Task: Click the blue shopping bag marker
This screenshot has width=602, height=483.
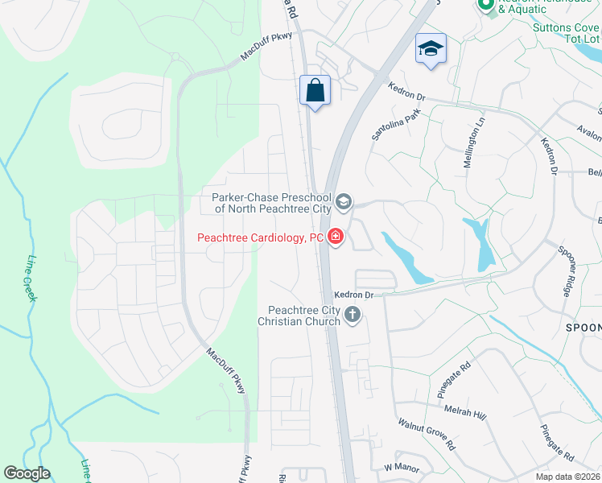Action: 315,90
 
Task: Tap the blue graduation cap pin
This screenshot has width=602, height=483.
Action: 431,50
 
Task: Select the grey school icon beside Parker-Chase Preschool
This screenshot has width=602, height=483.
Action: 344,202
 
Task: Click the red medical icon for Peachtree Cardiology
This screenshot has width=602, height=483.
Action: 335,237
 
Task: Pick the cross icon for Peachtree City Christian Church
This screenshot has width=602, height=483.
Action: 353,314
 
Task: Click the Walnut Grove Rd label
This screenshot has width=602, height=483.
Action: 427,434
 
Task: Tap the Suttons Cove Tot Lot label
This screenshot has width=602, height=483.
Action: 567,32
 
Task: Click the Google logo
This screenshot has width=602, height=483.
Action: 27,473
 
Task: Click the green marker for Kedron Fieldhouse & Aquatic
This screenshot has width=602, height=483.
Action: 485,6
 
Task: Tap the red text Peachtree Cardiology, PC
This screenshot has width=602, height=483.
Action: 261,238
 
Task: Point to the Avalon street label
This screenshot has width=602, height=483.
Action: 590,132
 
